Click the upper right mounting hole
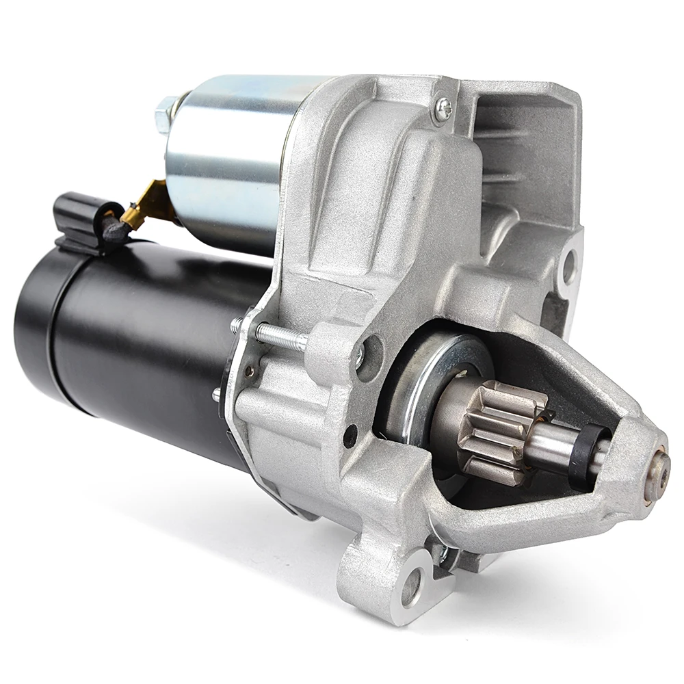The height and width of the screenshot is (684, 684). tap(567, 266)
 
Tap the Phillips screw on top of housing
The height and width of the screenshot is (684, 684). tap(443, 107)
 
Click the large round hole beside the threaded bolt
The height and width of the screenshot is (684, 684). tap(369, 356)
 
